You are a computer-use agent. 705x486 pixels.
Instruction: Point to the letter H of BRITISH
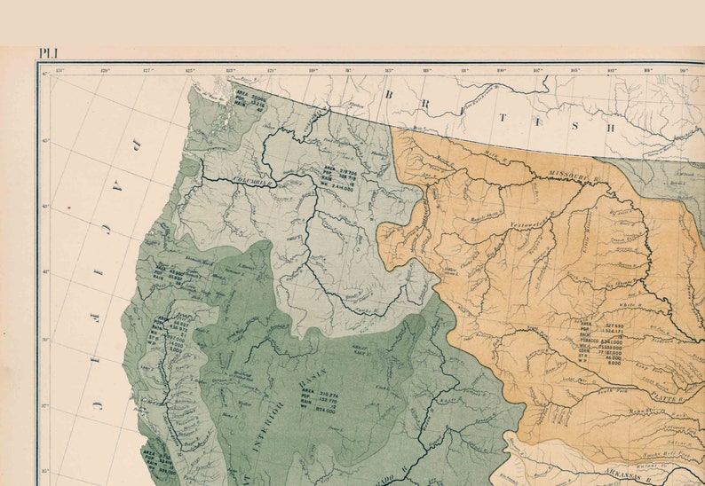pos(610,126)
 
